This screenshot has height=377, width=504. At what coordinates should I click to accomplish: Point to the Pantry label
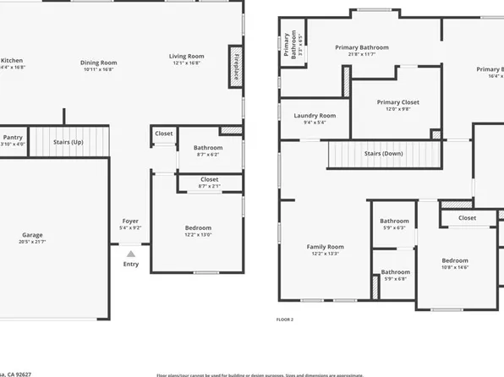click(x=13, y=136)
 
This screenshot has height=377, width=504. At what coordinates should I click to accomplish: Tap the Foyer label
click(x=130, y=222)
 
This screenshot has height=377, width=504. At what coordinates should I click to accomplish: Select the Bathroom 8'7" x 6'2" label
click(x=207, y=147)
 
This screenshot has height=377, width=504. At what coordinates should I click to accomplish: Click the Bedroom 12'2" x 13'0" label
click(x=199, y=228)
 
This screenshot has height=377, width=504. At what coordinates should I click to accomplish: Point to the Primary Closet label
click(x=397, y=102)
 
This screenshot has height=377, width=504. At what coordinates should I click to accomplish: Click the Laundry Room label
click(x=315, y=116)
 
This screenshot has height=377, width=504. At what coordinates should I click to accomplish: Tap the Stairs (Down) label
click(x=384, y=154)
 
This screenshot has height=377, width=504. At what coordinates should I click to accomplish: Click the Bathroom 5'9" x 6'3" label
click(x=394, y=221)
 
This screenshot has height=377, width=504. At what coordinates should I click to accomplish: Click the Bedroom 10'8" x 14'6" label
click(x=454, y=260)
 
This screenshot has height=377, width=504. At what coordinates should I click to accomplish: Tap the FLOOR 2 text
click(x=285, y=320)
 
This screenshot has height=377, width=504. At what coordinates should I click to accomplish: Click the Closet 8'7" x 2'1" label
click(x=209, y=179)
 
